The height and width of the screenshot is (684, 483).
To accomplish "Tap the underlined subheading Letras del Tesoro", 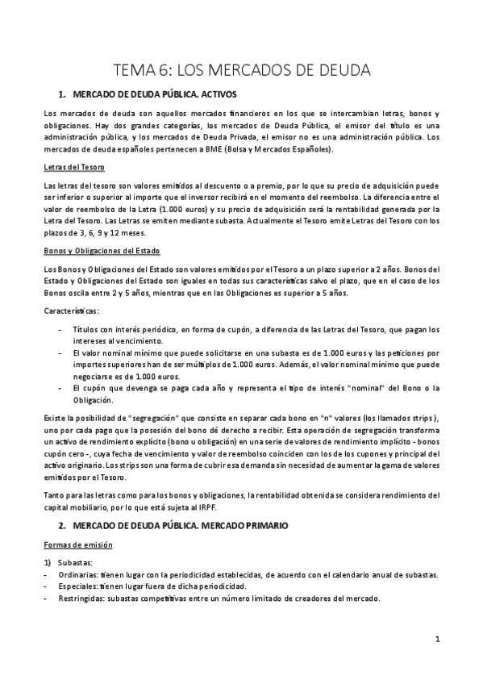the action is coord(69,167).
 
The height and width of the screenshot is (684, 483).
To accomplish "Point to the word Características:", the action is coord(74,311).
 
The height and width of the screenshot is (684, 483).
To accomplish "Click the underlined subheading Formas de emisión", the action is coord(77,545).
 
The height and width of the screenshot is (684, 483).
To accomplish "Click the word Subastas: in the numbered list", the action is coord(77,562).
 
